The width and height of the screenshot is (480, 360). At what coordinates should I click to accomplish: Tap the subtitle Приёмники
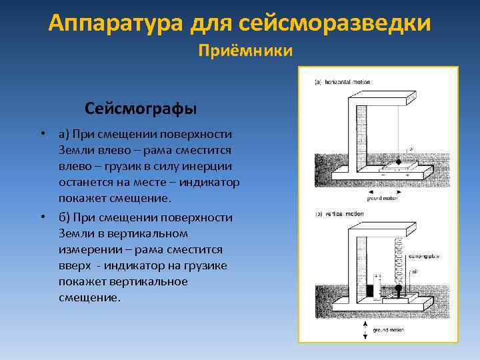click(x=246, y=51)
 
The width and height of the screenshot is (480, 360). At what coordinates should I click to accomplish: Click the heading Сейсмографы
click(x=141, y=107)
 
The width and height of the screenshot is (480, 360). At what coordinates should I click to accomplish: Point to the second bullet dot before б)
click(x=42, y=217)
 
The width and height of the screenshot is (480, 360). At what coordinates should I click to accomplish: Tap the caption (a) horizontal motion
click(x=343, y=82)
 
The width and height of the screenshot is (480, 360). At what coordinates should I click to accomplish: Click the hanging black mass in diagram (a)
click(x=399, y=161)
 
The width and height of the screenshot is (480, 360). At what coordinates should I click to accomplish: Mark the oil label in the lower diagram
click(x=413, y=272)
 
